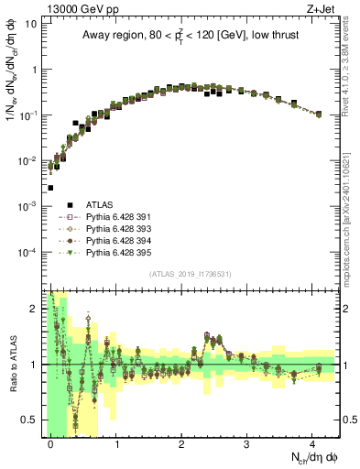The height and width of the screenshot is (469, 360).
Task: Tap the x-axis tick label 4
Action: [311, 443]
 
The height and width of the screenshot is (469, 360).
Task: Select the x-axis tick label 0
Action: [51, 443]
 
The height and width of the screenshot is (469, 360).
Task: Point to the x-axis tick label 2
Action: [181, 443]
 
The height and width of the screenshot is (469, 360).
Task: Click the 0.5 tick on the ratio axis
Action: [30, 420]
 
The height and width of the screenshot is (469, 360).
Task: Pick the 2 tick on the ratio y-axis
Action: [34, 309]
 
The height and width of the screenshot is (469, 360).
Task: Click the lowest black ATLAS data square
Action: [49, 188]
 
